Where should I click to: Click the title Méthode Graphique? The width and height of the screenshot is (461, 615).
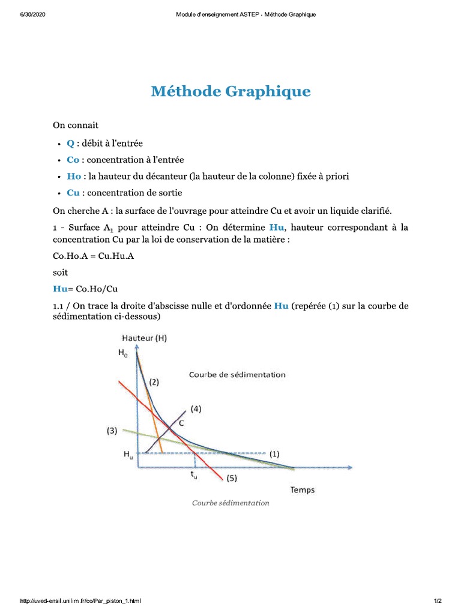(x=230, y=91)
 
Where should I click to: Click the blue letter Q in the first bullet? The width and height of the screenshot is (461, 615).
(x=70, y=143)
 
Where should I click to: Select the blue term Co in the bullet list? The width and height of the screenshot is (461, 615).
(x=73, y=160)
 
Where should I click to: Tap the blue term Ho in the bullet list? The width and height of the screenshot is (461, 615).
(x=73, y=177)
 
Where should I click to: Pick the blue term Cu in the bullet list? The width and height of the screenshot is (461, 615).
(x=73, y=193)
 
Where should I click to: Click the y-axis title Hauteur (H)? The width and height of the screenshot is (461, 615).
(x=144, y=338)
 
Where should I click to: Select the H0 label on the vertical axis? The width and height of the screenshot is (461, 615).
(x=123, y=354)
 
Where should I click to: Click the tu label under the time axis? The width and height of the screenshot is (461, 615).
(x=194, y=475)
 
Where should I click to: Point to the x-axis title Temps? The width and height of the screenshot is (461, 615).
(x=303, y=489)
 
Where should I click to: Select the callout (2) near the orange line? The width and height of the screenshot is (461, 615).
(x=154, y=382)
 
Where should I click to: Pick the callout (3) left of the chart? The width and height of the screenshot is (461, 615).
(x=112, y=430)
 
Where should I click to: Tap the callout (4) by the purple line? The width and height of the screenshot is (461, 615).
(x=196, y=409)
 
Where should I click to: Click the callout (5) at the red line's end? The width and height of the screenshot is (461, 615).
(x=232, y=478)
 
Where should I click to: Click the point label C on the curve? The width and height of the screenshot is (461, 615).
(x=182, y=423)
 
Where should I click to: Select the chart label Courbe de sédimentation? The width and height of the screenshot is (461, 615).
(x=237, y=375)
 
